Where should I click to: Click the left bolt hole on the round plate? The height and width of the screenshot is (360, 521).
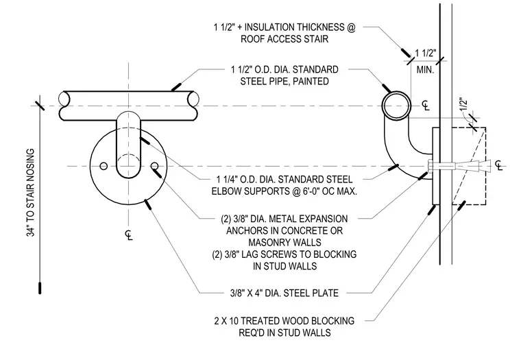click(104, 166)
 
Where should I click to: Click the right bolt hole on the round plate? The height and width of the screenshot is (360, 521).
click(154, 166)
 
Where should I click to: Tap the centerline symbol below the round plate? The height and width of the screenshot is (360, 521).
click(129, 235)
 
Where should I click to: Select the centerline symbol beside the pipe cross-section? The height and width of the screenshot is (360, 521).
click(426, 106)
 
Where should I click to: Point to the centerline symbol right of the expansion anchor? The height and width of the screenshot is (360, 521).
click(499, 165)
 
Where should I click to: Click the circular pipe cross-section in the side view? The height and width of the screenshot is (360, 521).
click(396, 106)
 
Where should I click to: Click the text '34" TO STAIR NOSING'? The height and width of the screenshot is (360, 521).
click(31, 193)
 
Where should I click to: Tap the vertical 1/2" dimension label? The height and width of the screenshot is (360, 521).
click(464, 105)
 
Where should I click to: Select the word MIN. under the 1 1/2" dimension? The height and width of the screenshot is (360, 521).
click(425, 70)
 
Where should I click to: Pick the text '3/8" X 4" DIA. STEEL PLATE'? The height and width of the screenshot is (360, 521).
click(284, 293)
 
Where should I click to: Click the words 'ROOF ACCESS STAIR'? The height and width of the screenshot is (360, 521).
click(284, 39)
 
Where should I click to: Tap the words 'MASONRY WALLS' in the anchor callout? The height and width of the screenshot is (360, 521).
click(284, 242)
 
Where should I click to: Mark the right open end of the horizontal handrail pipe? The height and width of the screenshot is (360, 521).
click(193, 99)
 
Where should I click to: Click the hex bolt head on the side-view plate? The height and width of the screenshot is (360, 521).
click(429, 165)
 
